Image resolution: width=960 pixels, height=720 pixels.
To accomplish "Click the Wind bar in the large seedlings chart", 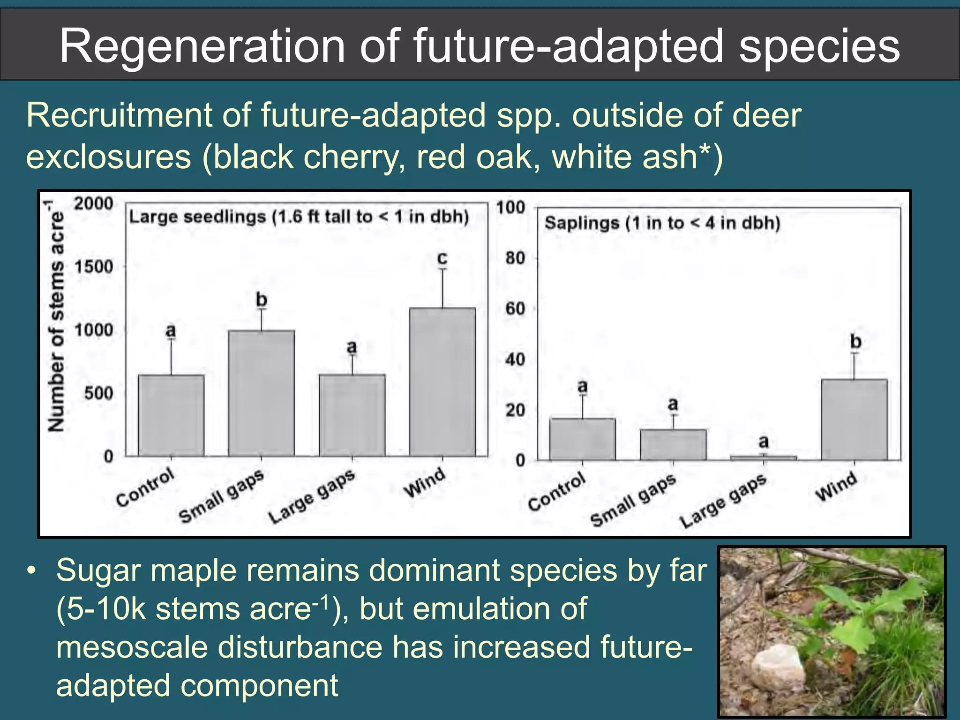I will [x=442, y=382].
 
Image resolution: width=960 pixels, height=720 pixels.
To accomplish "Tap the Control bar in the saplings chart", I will [x=582, y=439].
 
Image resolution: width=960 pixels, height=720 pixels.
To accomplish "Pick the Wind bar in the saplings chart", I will [x=854, y=420].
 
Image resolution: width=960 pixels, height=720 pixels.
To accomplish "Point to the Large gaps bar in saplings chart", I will [x=763, y=457].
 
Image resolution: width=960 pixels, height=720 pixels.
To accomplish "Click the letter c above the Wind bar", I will [x=442, y=258].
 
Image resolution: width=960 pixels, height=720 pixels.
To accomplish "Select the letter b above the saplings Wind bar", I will [x=855, y=341].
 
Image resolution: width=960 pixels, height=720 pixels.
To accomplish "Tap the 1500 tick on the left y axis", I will [x=94, y=267].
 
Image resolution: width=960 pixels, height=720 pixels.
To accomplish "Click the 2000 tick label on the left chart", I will [x=94, y=203].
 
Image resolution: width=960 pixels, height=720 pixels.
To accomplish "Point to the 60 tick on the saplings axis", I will [x=515, y=309].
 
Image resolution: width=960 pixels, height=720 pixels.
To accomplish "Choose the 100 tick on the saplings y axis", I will [x=511, y=207].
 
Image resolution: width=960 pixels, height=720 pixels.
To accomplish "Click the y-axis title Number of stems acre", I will [x=56, y=316].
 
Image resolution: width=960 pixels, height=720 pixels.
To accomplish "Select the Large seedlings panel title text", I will [x=299, y=217].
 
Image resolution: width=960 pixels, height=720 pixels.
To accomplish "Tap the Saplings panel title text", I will [x=662, y=223].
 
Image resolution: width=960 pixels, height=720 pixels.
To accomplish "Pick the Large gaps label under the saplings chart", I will [x=723, y=501].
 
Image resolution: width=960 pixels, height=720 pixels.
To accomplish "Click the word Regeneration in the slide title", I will [x=202, y=46].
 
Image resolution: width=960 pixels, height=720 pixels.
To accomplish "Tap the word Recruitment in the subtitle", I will [x=119, y=115].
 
